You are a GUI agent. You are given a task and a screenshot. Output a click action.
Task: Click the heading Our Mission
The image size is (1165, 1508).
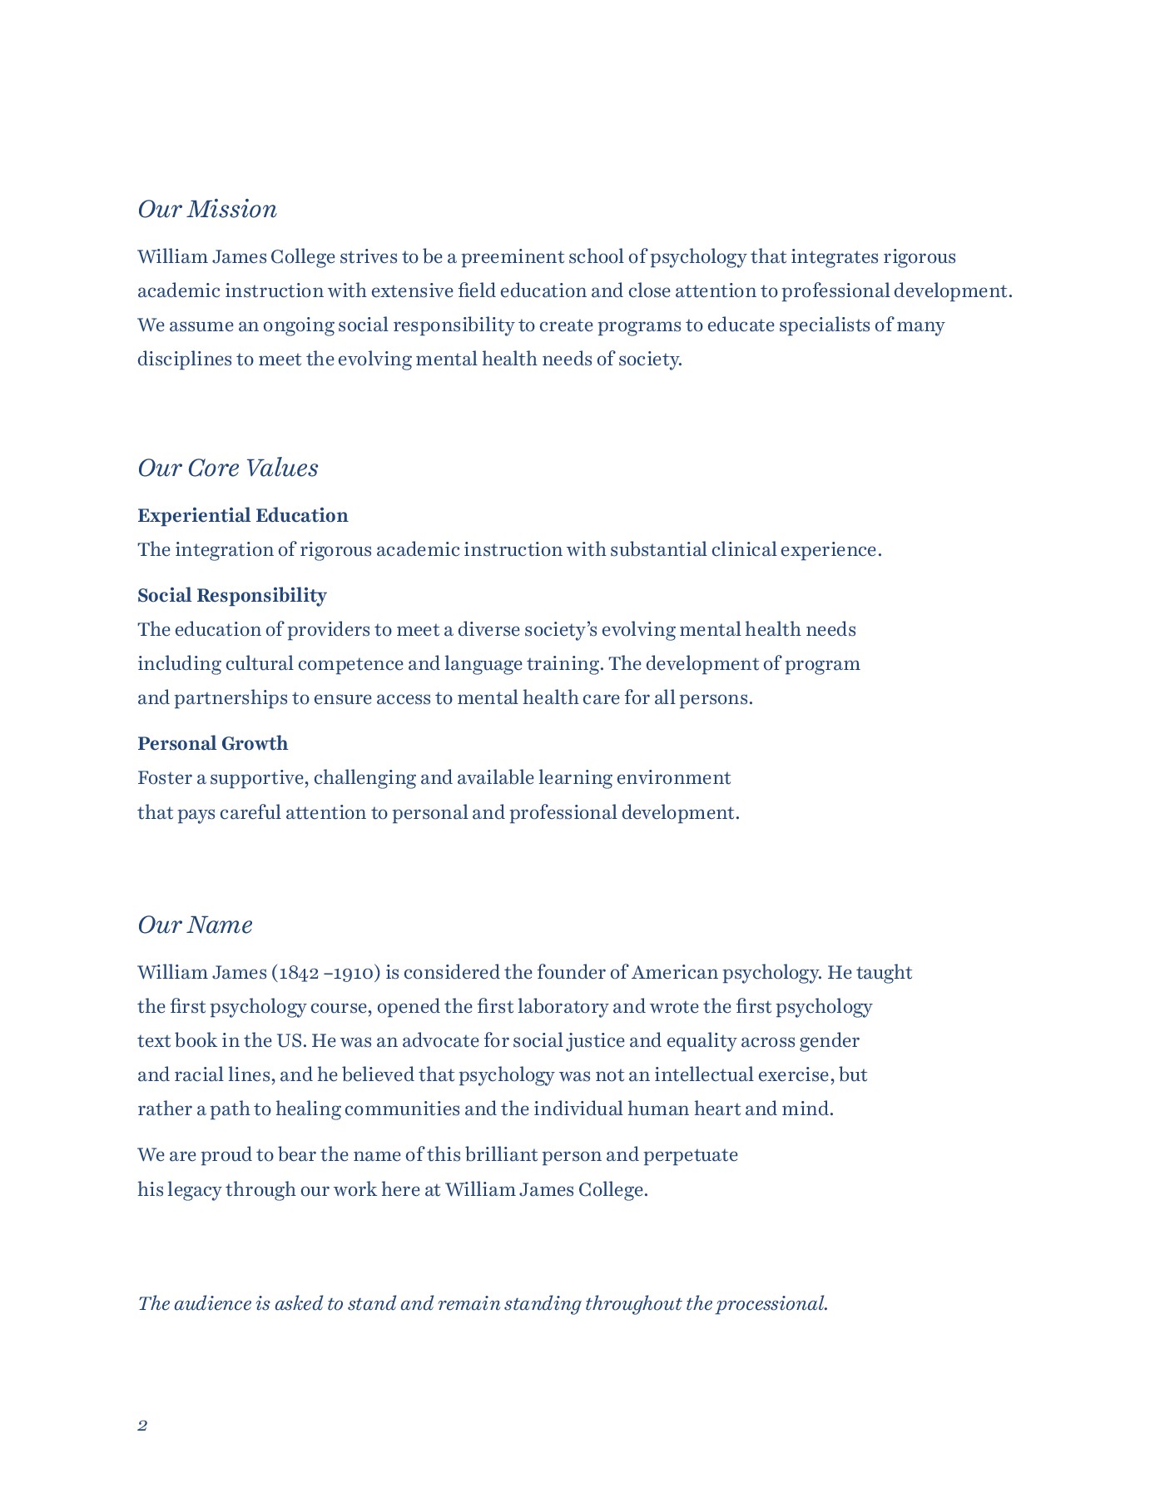pyautogui.click(x=207, y=209)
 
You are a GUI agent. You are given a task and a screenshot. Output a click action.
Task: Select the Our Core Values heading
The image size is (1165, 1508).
pyautogui.click(x=228, y=468)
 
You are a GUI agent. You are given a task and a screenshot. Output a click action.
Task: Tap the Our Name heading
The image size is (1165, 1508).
pyautogui.click(x=195, y=925)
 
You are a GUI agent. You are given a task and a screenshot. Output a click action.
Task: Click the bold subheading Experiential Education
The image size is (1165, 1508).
pyautogui.click(x=243, y=516)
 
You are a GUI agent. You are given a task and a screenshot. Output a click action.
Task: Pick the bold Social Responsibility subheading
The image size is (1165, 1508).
pyautogui.click(x=232, y=596)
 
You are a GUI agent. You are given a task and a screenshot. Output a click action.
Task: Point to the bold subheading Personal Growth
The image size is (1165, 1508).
pyautogui.click(x=213, y=744)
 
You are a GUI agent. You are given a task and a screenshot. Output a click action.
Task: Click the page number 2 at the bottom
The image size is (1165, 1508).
pyautogui.click(x=142, y=1426)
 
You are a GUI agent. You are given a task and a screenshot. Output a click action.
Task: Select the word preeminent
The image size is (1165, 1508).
pyautogui.click(x=513, y=257)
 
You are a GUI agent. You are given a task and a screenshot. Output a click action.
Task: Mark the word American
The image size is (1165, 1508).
pyautogui.click(x=675, y=973)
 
